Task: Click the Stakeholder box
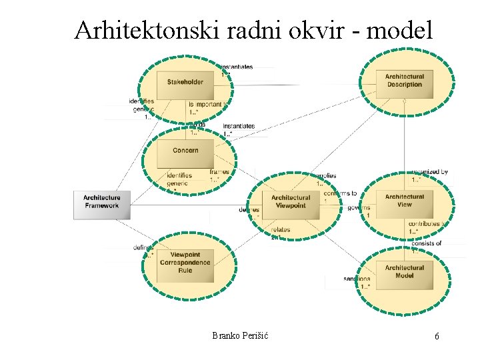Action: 185,82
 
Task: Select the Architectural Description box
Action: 403,81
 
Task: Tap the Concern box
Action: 185,151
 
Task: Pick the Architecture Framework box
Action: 102,201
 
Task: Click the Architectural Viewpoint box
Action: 291,201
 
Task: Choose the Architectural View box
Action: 404,201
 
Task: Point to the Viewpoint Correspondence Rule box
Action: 185,262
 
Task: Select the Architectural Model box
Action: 404,271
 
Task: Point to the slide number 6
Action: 437,337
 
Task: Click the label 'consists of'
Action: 426,243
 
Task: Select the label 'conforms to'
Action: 340,193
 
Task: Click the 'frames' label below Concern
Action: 219,172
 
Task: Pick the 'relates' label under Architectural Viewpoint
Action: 281,230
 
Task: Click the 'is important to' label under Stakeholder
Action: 207,105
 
